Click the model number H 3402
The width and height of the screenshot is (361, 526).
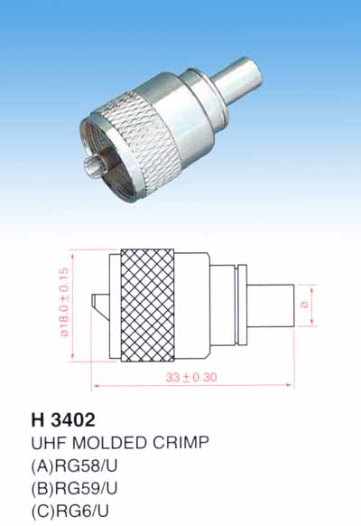(x=63, y=419)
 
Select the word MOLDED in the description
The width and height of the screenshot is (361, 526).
(x=110, y=443)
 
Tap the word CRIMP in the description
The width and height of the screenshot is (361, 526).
(x=180, y=443)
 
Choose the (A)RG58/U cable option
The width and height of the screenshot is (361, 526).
(x=74, y=466)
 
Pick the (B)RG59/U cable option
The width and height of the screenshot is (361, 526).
(x=74, y=488)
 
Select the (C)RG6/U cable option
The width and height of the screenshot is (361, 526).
(x=70, y=512)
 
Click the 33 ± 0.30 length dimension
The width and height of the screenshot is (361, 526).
(x=191, y=377)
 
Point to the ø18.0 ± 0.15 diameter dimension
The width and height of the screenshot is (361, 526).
(x=64, y=302)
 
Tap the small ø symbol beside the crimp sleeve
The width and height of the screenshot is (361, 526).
(x=304, y=305)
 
